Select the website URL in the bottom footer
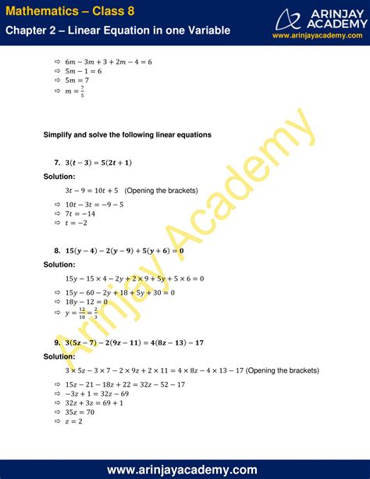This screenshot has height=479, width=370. point(185,469)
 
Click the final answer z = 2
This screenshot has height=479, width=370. point(76,421)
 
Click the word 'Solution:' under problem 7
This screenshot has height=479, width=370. point(59,176)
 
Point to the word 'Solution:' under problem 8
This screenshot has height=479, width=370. point(59,265)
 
